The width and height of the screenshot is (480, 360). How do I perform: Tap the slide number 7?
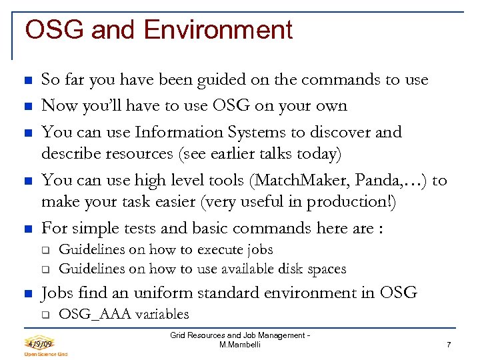pos(449,345)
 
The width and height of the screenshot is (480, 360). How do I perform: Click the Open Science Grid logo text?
pos(46,355)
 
